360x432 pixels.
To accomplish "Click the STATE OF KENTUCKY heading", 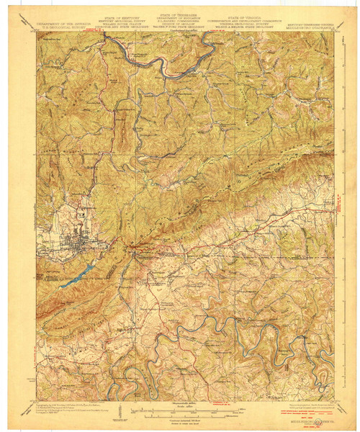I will (x=125, y=14).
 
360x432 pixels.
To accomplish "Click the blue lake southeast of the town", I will (x=78, y=275).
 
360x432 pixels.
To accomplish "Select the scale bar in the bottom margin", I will (x=180, y=410).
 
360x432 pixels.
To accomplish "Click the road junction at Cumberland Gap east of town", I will (x=132, y=250).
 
